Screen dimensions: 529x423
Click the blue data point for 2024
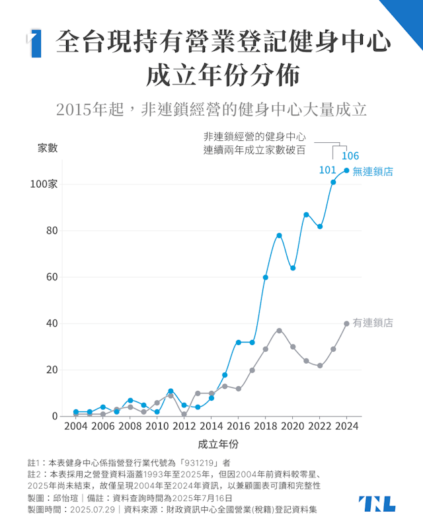(x=347, y=170)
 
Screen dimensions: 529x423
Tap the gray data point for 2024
(x=347, y=323)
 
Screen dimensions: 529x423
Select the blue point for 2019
(x=279, y=235)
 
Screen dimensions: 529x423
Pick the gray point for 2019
(x=279, y=331)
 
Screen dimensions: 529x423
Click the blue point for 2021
(x=306, y=214)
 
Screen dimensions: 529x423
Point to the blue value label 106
(x=350, y=156)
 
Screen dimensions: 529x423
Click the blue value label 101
(x=328, y=170)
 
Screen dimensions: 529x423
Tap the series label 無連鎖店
(x=373, y=171)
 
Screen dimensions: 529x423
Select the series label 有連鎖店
(x=373, y=323)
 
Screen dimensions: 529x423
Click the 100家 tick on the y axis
(x=44, y=184)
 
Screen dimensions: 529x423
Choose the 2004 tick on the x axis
(x=76, y=427)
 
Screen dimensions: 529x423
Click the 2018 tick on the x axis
(x=265, y=427)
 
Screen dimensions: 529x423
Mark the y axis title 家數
(x=48, y=148)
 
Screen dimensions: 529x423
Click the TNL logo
(x=377, y=503)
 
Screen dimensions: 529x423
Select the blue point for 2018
(x=265, y=277)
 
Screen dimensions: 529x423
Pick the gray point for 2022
(x=320, y=366)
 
